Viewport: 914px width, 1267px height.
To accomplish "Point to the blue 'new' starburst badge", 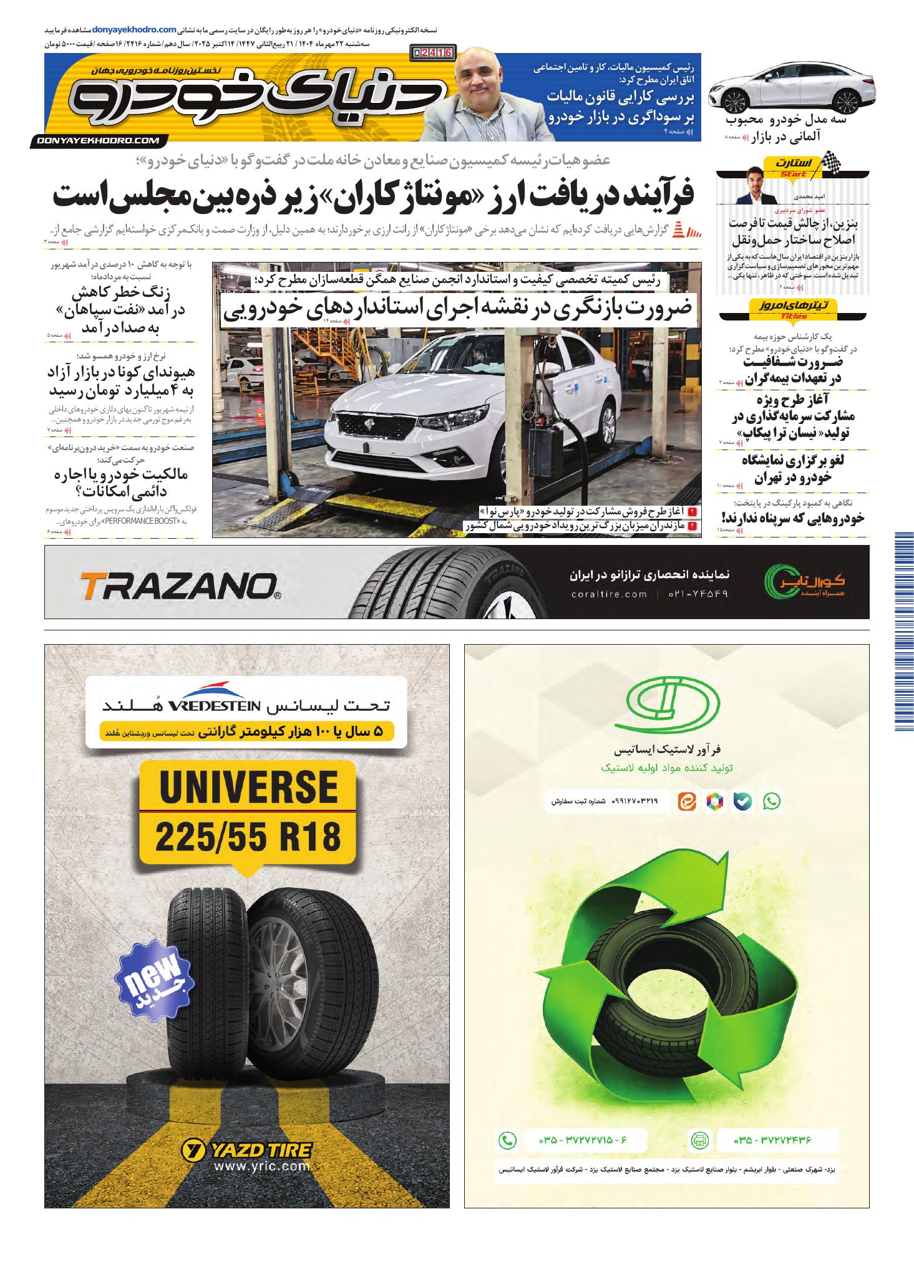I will (x=155, y=980).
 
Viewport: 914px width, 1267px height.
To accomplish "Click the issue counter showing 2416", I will (x=432, y=53).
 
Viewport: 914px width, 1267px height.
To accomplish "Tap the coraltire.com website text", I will (x=609, y=594).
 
